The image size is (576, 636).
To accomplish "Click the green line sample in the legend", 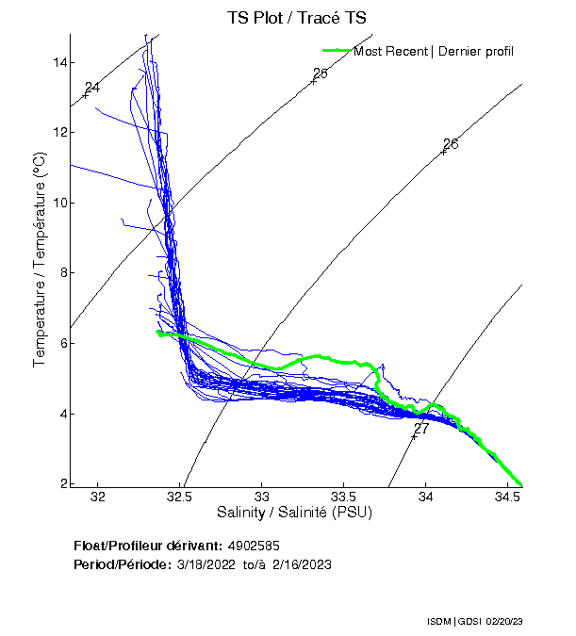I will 337,51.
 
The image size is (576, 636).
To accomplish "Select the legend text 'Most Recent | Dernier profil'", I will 434,51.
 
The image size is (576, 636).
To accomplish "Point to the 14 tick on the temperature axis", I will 59,62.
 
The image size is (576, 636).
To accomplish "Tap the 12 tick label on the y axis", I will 59,133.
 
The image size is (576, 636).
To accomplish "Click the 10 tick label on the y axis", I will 59,203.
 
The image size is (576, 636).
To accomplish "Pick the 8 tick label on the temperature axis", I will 62,273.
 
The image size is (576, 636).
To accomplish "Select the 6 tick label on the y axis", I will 62,344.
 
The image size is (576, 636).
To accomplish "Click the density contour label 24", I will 92,89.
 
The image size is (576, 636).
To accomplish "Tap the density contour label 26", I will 451,144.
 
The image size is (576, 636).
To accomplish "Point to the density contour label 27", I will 421,429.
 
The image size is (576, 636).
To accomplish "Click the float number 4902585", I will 254,546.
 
